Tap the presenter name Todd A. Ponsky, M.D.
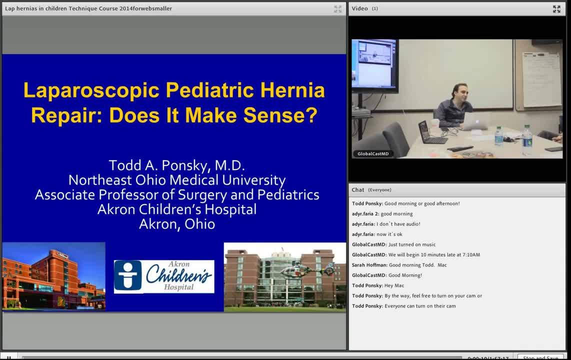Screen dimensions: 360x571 tap(176, 165)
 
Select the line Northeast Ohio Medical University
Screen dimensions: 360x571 tap(176, 180)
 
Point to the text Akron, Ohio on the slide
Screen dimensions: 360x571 tap(176, 224)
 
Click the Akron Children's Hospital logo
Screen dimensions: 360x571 tap(164, 276)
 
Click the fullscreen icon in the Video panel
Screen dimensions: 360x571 tap(556, 9)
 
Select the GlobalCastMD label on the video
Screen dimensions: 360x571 tap(372, 153)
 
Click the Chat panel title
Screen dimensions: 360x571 tap(358, 190)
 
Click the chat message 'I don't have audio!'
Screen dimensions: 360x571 tap(398, 224)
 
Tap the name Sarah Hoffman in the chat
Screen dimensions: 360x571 tap(369, 265)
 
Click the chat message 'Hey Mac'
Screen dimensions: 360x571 tap(394, 285)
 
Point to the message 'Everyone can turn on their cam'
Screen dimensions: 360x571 tap(420, 306)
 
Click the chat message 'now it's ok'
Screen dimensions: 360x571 tap(389, 234)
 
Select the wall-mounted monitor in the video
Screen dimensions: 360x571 tap(374, 63)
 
